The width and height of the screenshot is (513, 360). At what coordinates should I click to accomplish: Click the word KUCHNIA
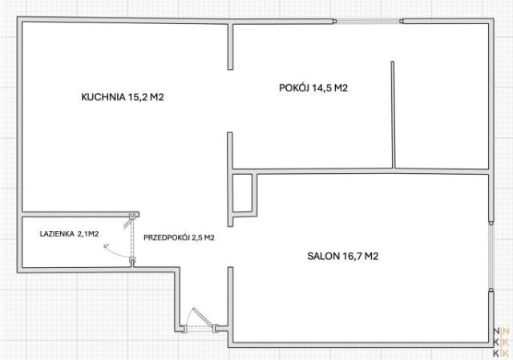(x=103, y=97)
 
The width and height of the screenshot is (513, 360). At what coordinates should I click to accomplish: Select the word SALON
(x=323, y=256)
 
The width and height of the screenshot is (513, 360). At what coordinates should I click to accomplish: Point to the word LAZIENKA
(x=57, y=234)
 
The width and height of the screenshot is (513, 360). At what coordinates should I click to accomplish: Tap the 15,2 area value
(x=137, y=97)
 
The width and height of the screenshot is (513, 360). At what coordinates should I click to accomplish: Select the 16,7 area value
(x=352, y=256)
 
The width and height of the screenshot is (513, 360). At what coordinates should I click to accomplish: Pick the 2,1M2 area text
(x=88, y=234)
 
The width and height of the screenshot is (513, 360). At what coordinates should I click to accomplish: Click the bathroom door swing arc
(x=115, y=252)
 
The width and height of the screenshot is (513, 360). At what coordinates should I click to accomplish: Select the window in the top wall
(x=368, y=22)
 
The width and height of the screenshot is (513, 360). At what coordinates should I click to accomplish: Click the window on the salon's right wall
(x=491, y=256)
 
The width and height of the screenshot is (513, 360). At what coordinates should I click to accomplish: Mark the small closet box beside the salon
(x=242, y=193)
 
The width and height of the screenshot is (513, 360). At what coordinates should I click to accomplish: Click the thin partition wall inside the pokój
(x=393, y=115)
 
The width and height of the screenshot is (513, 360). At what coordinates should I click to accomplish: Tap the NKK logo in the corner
(x=501, y=342)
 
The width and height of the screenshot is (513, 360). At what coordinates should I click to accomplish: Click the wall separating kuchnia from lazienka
(x=80, y=214)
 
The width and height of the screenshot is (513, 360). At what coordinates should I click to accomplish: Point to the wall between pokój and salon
(x=361, y=172)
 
